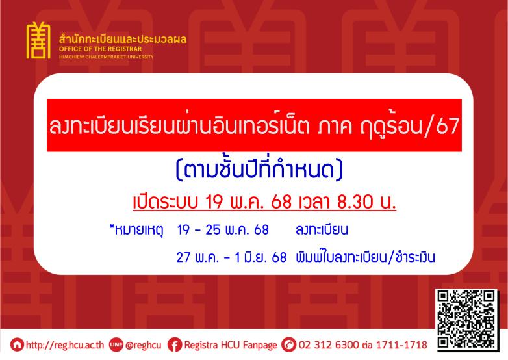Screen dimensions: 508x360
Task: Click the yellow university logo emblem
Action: (38, 40)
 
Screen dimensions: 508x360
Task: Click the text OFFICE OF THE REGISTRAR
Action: (101, 49)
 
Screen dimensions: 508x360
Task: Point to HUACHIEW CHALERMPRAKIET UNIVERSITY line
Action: (107, 57)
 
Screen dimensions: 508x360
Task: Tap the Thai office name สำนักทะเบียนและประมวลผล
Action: (123, 39)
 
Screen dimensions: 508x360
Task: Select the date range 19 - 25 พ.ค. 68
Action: (223, 230)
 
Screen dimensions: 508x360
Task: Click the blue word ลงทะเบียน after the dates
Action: (322, 230)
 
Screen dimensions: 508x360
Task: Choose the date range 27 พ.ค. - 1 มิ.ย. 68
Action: (231, 257)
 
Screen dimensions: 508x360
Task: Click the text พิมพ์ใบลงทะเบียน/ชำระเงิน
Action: (365, 257)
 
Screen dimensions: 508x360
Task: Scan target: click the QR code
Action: (467, 320)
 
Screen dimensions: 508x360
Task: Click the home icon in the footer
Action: (17, 345)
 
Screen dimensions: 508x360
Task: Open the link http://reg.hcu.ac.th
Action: (65, 345)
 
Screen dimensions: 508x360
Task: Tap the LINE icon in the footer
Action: (116, 344)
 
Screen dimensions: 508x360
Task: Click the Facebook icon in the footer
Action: (175, 345)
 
